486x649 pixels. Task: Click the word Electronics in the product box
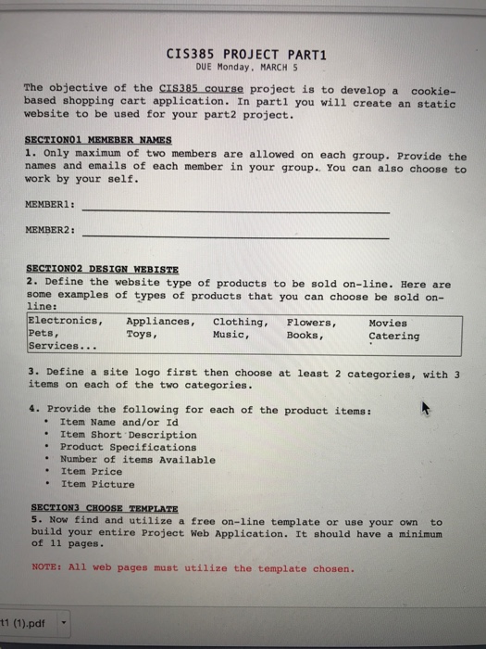(x=65, y=322)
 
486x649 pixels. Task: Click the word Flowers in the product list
(x=311, y=323)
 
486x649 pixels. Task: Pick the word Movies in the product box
(x=387, y=323)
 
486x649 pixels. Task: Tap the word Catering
(x=393, y=336)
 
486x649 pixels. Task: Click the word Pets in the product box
(x=44, y=334)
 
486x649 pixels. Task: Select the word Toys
(x=143, y=335)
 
